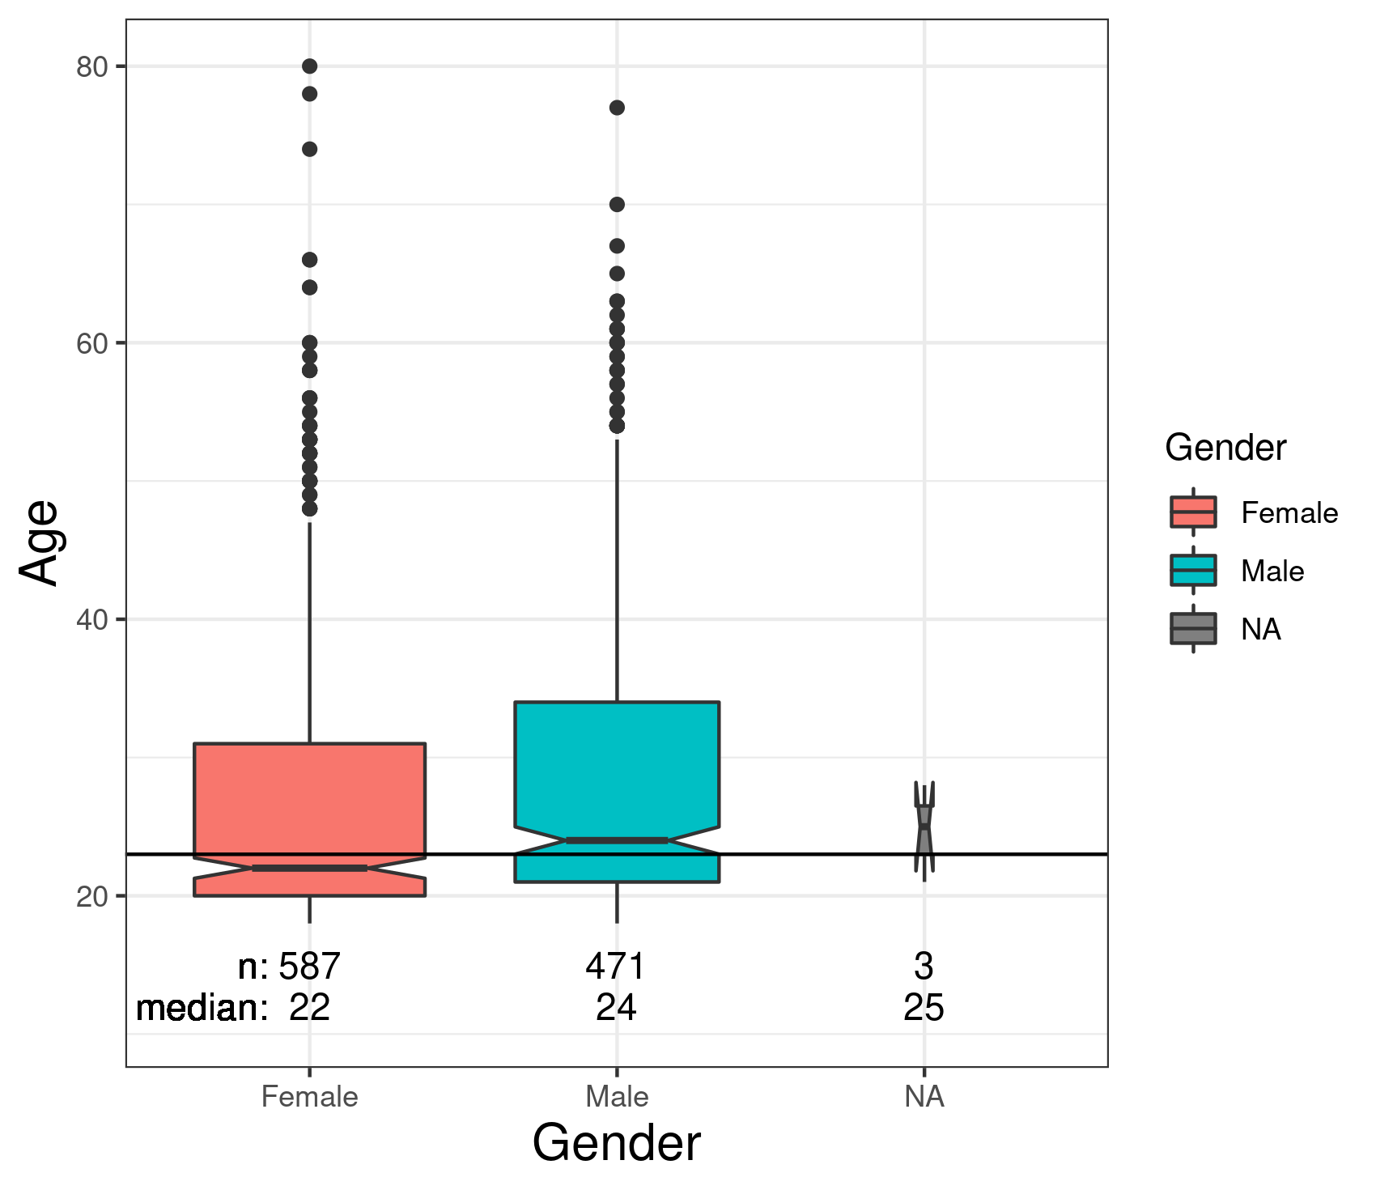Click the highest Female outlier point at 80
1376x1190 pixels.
pyautogui.click(x=309, y=66)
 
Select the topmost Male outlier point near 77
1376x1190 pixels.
pyautogui.click(x=617, y=108)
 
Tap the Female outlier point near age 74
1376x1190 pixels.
pyautogui.click(x=309, y=149)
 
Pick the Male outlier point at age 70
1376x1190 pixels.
pyautogui.click(x=617, y=204)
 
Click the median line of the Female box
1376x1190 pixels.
pyautogui.click(x=309, y=868)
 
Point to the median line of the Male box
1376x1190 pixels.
pyautogui.click(x=617, y=840)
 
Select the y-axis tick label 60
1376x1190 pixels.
pyautogui.click(x=91, y=343)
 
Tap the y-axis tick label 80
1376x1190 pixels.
pyautogui.click(x=91, y=67)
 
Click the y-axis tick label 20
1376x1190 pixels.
pyautogui.click(x=91, y=897)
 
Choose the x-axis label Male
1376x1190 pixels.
pyautogui.click(x=617, y=1097)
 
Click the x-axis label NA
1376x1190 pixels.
pyautogui.click(x=924, y=1097)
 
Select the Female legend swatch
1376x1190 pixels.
pyautogui.click(x=1193, y=512)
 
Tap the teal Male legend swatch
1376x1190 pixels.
pyautogui.click(x=1193, y=571)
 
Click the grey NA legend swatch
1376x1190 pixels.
pyautogui.click(x=1193, y=629)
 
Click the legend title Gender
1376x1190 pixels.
pyautogui.click(x=1225, y=448)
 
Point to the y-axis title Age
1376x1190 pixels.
pyautogui.click(x=39, y=542)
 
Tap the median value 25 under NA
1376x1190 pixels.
pyautogui.click(x=924, y=1009)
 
